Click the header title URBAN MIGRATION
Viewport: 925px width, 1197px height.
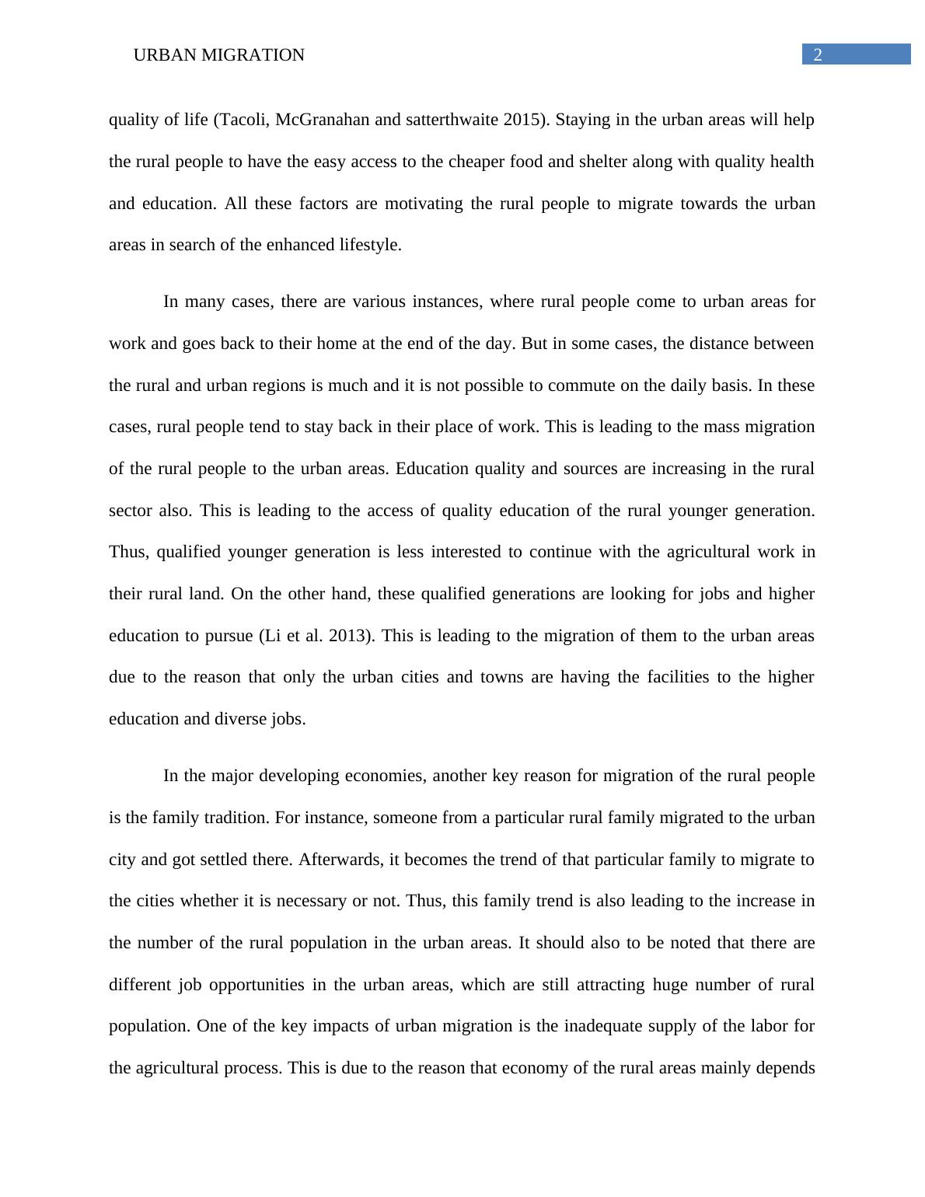coord(218,55)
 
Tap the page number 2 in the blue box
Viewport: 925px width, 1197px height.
coord(818,54)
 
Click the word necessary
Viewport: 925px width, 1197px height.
coord(309,901)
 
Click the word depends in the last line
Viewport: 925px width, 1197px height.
coord(786,1068)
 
